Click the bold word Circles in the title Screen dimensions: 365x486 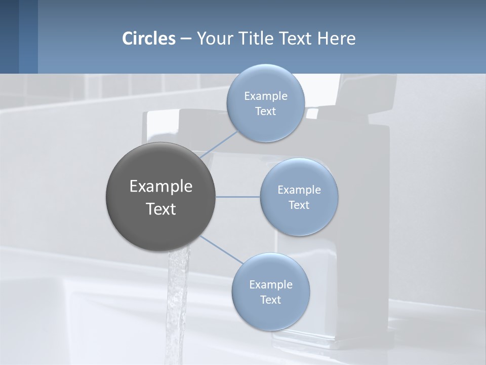point(148,39)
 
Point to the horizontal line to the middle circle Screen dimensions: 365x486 point(237,197)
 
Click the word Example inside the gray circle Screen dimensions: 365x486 point(161,187)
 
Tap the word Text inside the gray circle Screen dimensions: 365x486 point(161,209)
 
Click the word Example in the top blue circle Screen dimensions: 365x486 point(266,96)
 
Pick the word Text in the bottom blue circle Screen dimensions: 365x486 point(270,300)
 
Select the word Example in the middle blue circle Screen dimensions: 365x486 point(299,190)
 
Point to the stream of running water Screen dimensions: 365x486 point(178,304)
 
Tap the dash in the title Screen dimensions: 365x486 point(186,39)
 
